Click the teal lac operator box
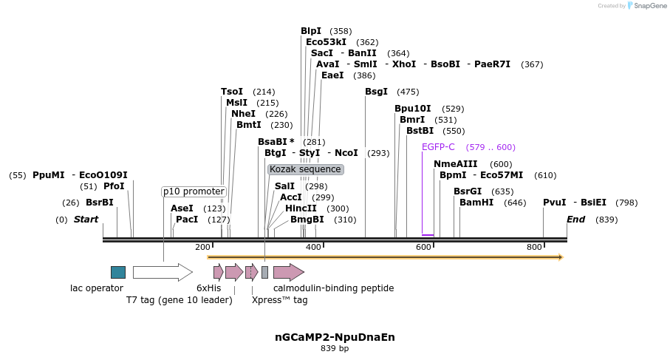(118, 272)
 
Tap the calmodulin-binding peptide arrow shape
(288, 272)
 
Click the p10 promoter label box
(194, 191)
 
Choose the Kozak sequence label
(305, 169)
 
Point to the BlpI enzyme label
(311, 31)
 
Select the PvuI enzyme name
(554, 203)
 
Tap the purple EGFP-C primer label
(438, 147)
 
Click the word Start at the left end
(86, 220)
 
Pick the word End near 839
(575, 220)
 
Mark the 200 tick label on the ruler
(202, 247)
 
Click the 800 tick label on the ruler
(534, 247)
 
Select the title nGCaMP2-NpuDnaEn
(335, 337)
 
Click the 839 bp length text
(335, 348)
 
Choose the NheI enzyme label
(243, 114)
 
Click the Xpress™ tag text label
(279, 300)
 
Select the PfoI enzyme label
(114, 186)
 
